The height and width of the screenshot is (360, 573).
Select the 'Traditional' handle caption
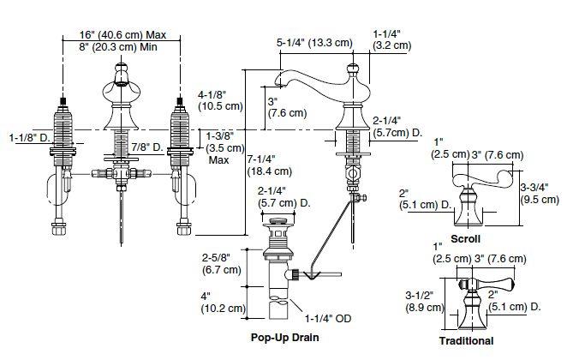coord(466,340)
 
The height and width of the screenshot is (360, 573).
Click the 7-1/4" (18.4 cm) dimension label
coord(269,165)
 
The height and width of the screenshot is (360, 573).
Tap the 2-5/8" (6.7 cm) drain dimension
coord(222,264)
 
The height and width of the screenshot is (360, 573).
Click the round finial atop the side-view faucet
coord(351,69)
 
